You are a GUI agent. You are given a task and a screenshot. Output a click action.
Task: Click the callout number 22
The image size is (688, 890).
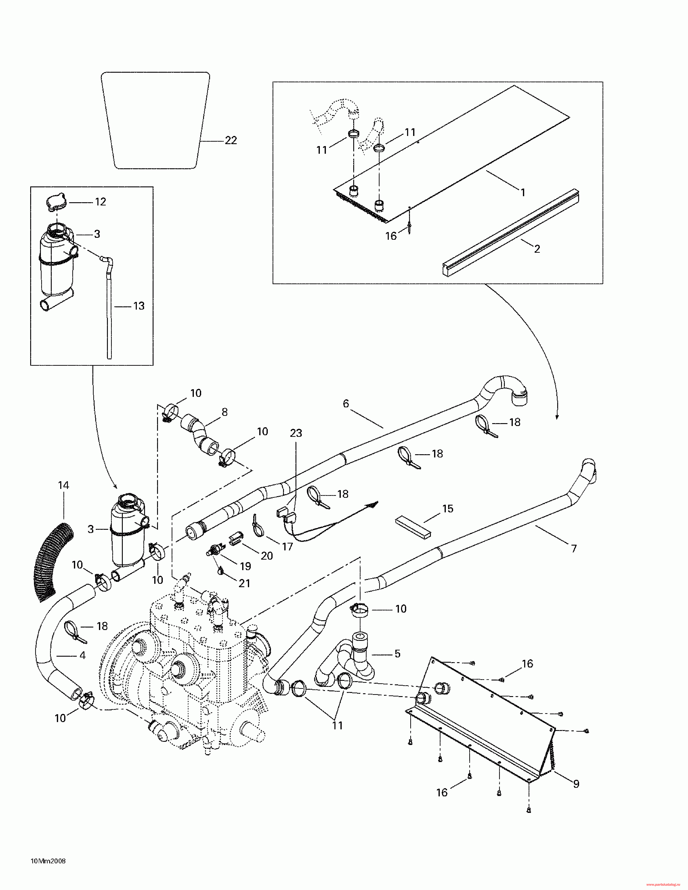point(231,141)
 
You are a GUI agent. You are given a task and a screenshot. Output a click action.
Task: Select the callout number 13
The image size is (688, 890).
point(139,306)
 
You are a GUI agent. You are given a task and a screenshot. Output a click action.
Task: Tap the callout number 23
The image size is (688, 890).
point(296,433)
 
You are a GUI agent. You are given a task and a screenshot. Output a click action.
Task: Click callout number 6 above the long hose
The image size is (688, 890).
point(346,404)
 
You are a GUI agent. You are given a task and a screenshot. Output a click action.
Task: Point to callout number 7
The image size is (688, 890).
point(574,549)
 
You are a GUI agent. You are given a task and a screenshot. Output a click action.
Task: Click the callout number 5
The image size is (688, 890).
point(397,654)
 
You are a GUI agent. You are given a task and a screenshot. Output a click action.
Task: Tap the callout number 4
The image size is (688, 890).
point(83,656)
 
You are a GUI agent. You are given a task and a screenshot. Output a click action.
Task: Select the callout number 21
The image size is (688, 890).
point(244,584)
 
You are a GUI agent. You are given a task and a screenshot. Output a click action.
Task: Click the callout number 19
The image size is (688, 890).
point(245,566)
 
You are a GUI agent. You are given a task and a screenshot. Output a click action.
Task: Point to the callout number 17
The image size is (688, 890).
point(287,547)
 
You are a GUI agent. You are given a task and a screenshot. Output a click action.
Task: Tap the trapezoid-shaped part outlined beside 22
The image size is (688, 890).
point(156,121)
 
